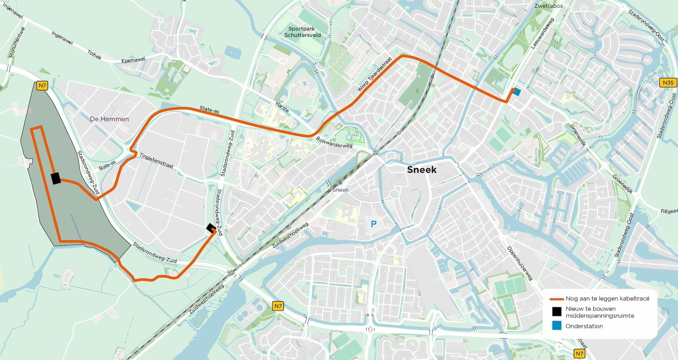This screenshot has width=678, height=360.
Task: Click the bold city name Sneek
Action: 422,170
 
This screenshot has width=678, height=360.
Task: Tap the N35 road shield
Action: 668,83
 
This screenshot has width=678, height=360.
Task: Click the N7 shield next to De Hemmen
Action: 42,85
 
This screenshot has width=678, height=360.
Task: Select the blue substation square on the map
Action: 517,92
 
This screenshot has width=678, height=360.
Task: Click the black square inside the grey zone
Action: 56,178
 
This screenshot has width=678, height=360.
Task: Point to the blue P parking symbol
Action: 374,224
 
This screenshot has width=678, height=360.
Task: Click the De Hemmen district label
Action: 109,119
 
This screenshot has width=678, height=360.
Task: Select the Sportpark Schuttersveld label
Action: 302,32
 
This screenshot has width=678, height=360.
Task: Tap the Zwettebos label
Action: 548,6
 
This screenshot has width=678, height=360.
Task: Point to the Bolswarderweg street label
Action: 334,142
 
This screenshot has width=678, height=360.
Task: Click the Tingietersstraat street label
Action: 156,161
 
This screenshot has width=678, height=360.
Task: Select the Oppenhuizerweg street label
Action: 520,263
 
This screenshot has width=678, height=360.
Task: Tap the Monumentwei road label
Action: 17,42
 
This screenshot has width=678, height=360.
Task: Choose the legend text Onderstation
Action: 584,326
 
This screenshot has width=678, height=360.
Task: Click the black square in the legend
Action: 557,312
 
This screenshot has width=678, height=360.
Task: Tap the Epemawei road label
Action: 133,60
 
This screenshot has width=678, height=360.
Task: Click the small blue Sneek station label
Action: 340,190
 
